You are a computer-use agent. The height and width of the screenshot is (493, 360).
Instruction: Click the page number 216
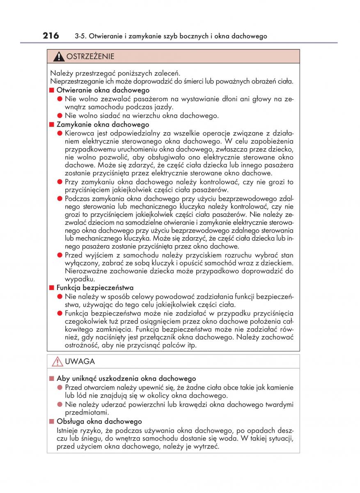[51, 36]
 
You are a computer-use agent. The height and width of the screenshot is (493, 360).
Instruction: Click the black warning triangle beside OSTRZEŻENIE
[60, 56]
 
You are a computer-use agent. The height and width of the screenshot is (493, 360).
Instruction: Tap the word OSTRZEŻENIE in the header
[90, 56]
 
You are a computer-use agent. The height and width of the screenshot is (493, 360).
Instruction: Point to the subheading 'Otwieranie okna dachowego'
[103, 90]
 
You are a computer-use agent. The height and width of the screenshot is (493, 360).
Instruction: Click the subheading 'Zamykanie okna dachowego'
[103, 124]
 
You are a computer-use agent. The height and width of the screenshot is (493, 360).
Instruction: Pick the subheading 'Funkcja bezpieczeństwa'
[95, 288]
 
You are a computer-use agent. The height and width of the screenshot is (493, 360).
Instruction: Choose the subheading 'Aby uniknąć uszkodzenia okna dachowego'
[126, 378]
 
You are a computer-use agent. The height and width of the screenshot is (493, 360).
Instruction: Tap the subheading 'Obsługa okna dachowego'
[99, 422]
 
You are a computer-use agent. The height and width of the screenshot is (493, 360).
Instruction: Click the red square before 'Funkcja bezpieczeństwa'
[52, 288]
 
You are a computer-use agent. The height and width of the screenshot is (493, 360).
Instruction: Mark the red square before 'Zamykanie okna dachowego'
[52, 124]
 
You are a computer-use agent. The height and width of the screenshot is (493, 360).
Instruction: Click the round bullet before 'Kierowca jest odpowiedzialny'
[60, 133]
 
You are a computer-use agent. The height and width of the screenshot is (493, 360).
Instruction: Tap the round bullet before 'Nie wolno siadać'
[60, 116]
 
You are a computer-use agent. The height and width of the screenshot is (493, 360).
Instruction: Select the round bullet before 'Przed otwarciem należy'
[60, 387]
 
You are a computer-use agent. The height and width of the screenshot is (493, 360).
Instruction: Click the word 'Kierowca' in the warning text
[79, 133]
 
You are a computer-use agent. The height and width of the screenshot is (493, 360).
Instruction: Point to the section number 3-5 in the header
[80, 37]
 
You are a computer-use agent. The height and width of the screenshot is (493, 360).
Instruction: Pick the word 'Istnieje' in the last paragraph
[69, 430]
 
